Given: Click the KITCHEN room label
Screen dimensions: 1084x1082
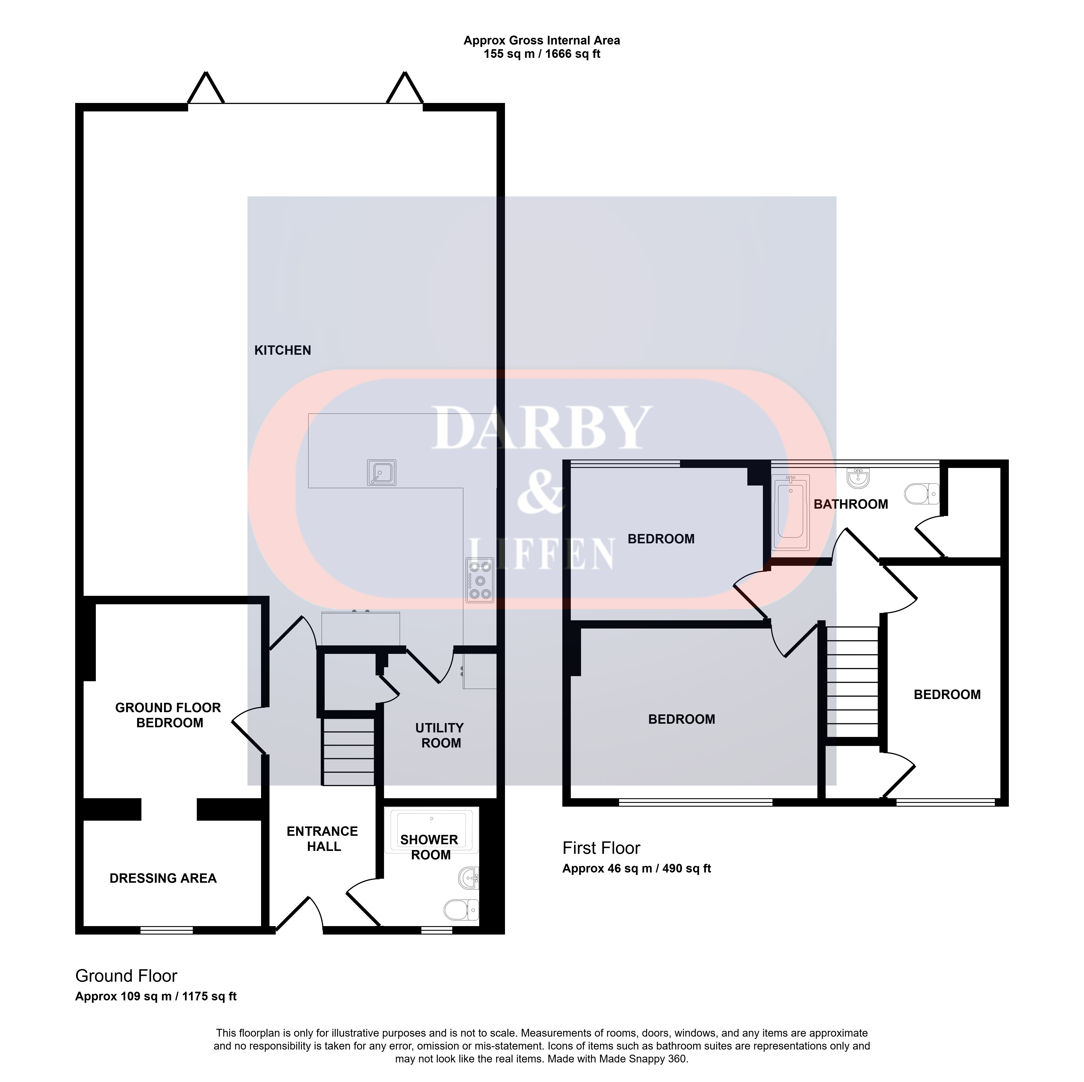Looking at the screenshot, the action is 282,350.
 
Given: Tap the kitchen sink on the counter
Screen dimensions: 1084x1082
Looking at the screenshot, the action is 382,472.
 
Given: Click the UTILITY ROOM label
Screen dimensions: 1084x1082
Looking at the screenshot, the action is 440,735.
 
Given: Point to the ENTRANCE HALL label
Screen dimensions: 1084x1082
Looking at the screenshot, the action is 323,838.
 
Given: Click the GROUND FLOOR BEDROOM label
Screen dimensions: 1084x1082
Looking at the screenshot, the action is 168,715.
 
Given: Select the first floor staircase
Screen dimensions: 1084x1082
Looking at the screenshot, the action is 852,682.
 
